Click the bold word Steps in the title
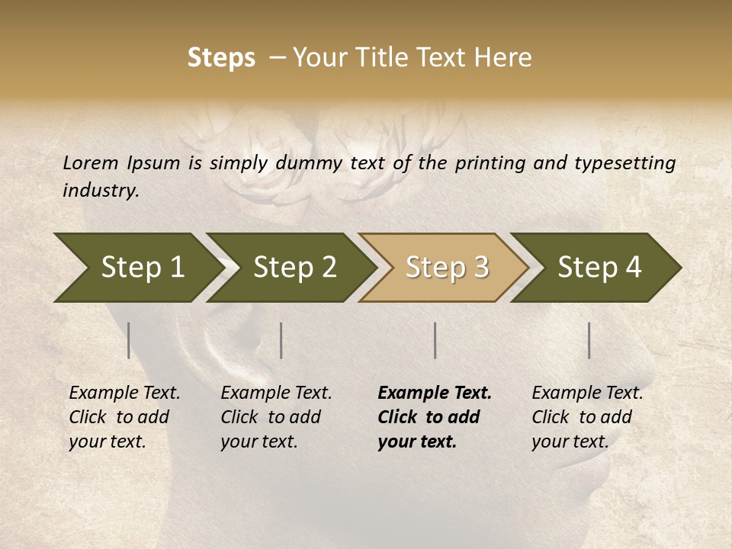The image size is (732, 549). point(221,58)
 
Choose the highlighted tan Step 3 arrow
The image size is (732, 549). point(447,267)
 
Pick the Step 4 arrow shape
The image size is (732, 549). point(599,267)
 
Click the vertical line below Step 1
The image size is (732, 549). point(129,340)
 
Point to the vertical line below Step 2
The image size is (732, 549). point(281,340)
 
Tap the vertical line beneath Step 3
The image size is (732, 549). point(435,340)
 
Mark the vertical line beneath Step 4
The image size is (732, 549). point(589,340)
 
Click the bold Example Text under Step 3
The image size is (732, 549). point(435,393)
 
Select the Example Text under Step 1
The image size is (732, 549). point(124,393)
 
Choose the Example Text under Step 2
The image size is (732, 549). point(276,393)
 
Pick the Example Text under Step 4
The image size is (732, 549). point(587,393)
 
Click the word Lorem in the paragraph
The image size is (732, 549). point(90,162)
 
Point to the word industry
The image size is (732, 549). point(100,190)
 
